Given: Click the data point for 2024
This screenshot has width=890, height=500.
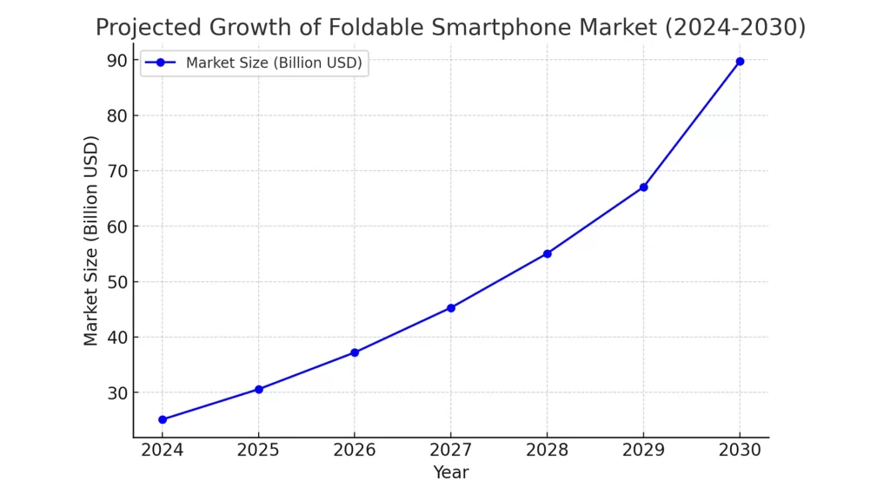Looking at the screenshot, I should (x=163, y=419).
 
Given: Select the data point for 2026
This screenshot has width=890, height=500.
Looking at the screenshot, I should (x=355, y=352).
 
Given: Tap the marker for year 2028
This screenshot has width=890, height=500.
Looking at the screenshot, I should (x=547, y=253).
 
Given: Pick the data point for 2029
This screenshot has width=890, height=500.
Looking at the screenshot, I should (x=643, y=187).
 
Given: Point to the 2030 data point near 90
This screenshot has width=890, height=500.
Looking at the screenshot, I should (x=740, y=61).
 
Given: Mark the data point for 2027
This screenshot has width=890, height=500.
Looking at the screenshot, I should (x=451, y=307).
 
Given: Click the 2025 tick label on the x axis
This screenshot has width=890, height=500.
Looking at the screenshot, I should (x=258, y=450).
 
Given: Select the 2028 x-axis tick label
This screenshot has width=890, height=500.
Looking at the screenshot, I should (x=547, y=450).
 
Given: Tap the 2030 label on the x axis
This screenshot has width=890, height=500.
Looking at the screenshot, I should (x=740, y=450).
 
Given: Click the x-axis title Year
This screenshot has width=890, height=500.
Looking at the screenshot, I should (x=451, y=472).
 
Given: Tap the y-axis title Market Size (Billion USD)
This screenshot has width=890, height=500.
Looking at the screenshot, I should (x=91, y=240).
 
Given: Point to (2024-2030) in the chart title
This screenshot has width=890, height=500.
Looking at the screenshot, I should (x=734, y=28).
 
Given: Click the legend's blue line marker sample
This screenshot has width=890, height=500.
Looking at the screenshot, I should (x=160, y=62).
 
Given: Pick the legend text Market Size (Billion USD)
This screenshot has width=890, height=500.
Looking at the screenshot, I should (x=274, y=62).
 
